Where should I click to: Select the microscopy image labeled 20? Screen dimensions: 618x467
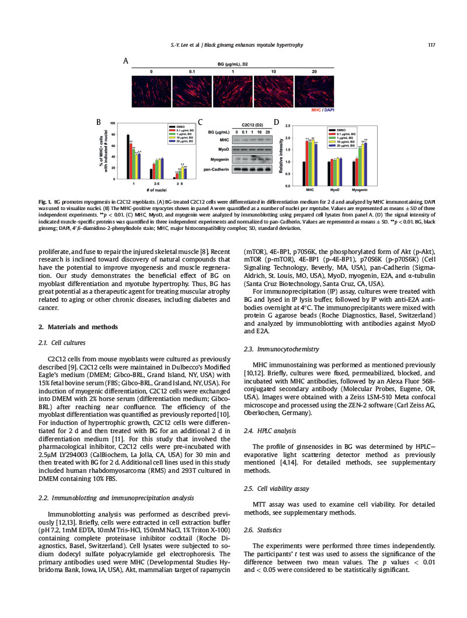[314, 91]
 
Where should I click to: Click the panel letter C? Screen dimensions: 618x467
[200, 123]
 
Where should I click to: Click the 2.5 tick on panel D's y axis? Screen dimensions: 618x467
[287, 125]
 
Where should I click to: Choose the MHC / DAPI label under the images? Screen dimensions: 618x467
[323, 109]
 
